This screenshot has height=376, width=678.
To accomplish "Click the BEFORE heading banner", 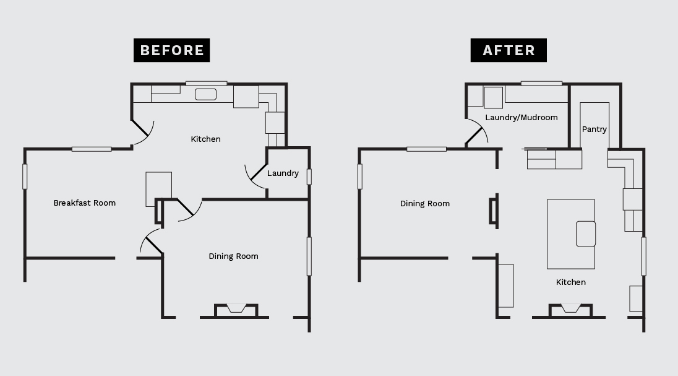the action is coord(171,50).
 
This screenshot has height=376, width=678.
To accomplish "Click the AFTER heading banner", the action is coord(509,50).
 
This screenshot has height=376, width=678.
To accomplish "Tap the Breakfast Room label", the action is coord(84,203).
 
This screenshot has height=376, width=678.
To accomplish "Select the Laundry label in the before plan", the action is coord(283,173).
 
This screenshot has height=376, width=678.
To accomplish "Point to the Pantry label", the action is coord(594,129).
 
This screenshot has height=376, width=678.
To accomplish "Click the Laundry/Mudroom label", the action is coord(521,118).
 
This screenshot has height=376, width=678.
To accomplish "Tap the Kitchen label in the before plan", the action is coord(206,139).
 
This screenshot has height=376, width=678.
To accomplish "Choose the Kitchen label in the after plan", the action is coord(571,282).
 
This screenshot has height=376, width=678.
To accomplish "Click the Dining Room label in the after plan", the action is coord(424,204).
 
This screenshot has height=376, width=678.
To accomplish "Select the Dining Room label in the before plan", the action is coord(233,256).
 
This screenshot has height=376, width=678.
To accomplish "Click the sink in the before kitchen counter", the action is coord(205,94).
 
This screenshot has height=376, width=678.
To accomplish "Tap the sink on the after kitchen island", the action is coord(586,234).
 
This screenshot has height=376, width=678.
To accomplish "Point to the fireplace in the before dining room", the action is coord(236,310).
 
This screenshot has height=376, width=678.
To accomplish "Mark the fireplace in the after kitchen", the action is coord(570,310).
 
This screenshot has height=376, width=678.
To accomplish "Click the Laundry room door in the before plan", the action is coord(259,172).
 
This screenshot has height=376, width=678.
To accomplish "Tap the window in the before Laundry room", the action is coord(309,177).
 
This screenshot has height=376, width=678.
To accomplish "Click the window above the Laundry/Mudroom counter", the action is coord(541,84).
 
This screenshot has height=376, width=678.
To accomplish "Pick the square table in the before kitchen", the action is coord(159,190).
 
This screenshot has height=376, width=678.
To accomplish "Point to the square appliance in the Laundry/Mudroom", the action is coord(493,97).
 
